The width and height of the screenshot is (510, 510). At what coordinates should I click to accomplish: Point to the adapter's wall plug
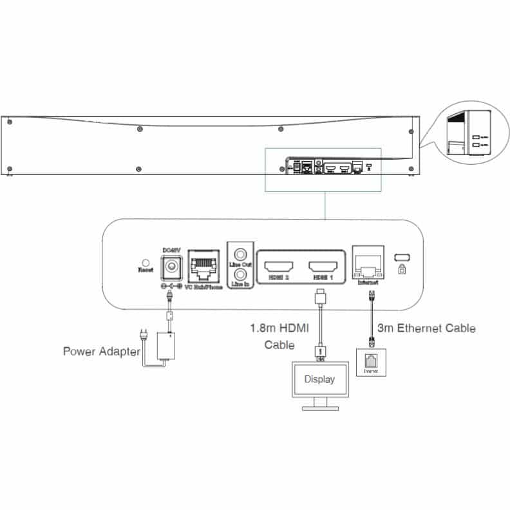tap(145, 337)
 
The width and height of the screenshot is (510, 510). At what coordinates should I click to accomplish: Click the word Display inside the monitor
tap(319, 379)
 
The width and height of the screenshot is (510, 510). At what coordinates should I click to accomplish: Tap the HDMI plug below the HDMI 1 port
tap(320, 298)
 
